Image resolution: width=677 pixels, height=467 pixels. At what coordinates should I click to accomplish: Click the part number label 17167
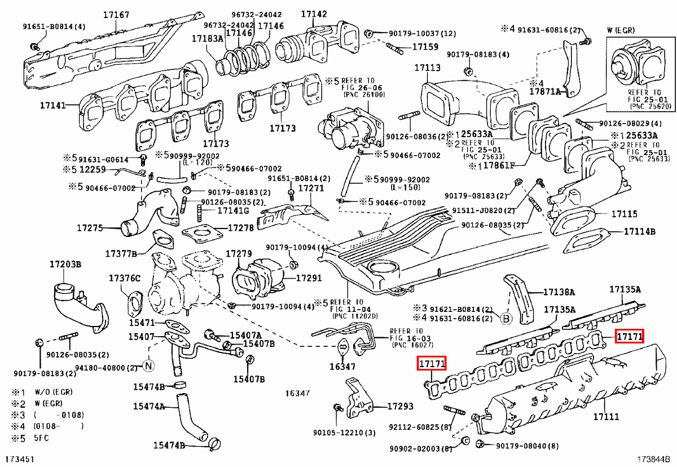pyautogui.click(x=115, y=16)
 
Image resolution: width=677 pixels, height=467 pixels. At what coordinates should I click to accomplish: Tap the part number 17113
pyautogui.click(x=427, y=68)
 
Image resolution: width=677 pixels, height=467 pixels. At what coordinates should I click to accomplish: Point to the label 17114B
pyautogui.click(x=639, y=231)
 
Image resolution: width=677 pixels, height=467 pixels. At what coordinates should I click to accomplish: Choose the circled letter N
pyautogui.click(x=148, y=365)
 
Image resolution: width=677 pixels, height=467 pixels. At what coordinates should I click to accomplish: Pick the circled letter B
pyautogui.click(x=506, y=319)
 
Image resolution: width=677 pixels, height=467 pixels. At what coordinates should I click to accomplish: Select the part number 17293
pyautogui.click(x=400, y=406)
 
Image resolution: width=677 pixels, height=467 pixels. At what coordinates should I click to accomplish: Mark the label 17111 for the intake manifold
pyautogui.click(x=606, y=417)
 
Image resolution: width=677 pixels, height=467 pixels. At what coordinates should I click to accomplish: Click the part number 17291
pyautogui.click(x=309, y=278)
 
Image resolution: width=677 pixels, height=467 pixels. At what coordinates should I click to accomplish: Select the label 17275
pyautogui.click(x=90, y=228)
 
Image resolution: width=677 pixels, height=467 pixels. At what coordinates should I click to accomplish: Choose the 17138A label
pyautogui.click(x=559, y=292)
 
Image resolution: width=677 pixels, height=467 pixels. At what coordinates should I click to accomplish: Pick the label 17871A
pyautogui.click(x=545, y=91)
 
